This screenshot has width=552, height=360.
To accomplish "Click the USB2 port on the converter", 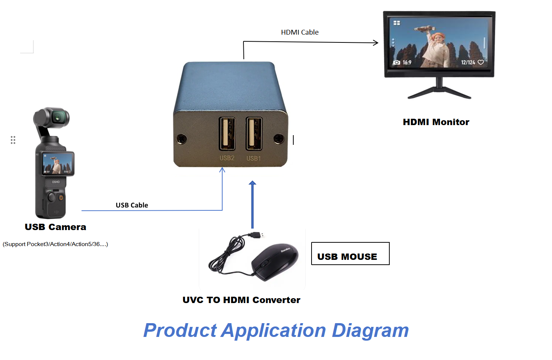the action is (227, 134).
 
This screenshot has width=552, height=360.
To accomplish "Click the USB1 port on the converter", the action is (254, 134).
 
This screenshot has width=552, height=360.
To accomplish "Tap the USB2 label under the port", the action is (227, 158).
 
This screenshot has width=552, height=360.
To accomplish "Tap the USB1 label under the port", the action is (253, 158).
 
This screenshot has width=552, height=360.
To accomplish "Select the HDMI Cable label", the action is (300, 32).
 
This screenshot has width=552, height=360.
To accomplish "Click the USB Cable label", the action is (132, 205).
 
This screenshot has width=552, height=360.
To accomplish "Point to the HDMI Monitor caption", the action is (436, 122).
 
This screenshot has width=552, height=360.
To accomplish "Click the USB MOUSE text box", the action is (350, 254).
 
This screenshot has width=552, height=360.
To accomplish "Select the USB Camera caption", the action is (55, 227).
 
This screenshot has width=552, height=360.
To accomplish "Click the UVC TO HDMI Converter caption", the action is (241, 300).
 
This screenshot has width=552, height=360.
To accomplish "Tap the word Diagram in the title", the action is (370, 331).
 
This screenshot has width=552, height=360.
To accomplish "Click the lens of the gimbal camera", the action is (58, 118).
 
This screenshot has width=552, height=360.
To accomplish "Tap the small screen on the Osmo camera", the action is (57, 163).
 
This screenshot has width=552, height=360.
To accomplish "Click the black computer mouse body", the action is (275, 262).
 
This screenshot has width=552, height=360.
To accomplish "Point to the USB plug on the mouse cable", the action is (256, 235).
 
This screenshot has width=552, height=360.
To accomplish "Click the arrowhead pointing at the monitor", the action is (375, 43).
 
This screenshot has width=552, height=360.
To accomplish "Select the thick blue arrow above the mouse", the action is (252, 204).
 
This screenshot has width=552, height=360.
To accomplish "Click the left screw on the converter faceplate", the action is (182, 139).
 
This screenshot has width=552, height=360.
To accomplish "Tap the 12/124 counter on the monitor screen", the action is (468, 62).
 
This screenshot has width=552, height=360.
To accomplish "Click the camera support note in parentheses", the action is (55, 244).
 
